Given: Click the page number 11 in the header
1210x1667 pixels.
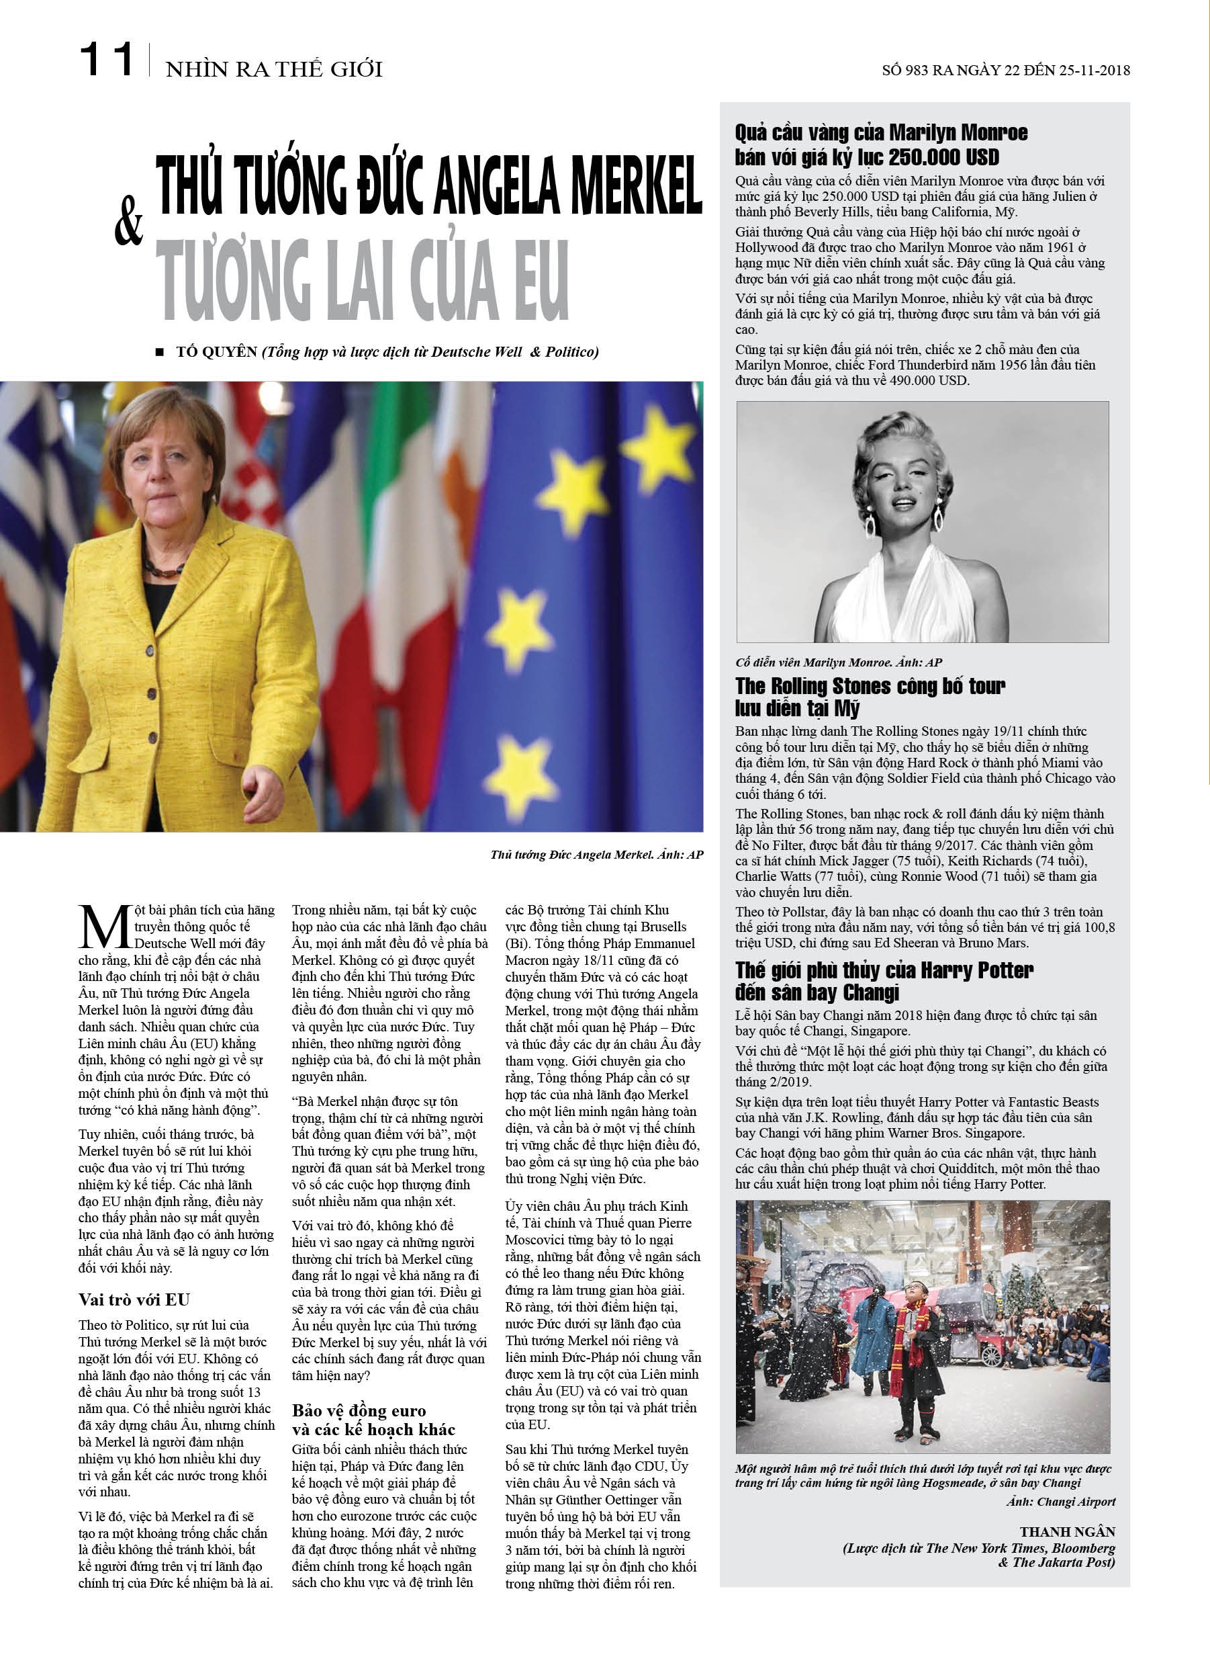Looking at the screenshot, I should (106, 60).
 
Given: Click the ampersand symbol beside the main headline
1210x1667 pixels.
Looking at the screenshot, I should (128, 221).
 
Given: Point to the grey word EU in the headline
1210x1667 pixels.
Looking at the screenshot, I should (541, 280).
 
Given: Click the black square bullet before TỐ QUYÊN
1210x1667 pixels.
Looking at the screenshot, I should (159, 352).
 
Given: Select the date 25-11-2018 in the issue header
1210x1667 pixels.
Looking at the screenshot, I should (1094, 71).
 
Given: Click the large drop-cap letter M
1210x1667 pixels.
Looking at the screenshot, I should (105, 929).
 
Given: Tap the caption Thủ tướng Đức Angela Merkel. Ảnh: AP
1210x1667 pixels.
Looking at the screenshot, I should (596, 854).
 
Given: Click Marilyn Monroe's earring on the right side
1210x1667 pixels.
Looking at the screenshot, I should (938, 516).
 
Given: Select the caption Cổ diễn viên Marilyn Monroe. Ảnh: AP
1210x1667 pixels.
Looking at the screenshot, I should (838, 662).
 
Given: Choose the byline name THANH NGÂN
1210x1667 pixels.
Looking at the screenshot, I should (1067, 1532).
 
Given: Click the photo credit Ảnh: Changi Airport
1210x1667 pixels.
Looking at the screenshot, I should (1061, 1502).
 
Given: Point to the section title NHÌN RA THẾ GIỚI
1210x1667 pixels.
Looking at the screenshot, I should (274, 70).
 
